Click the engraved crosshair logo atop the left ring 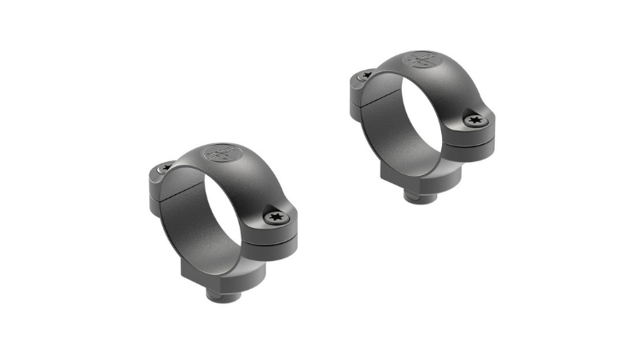click(x=217, y=156)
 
